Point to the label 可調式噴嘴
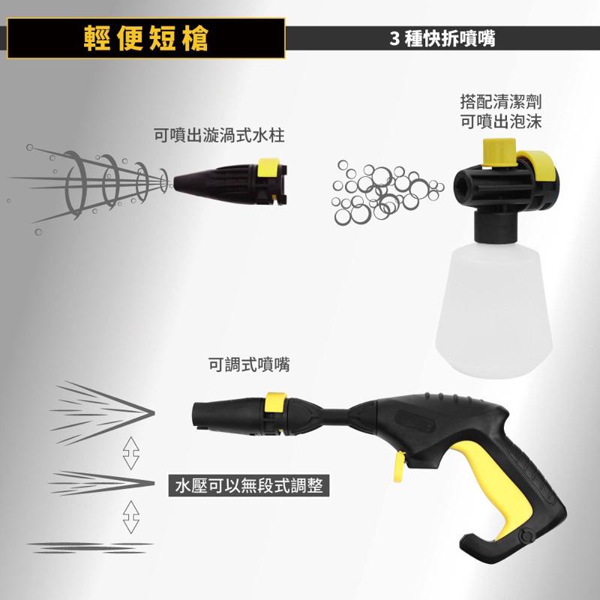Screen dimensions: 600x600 tap(249, 365)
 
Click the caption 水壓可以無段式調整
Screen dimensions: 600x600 tap(248, 486)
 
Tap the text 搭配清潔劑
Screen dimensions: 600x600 tap(500, 100)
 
